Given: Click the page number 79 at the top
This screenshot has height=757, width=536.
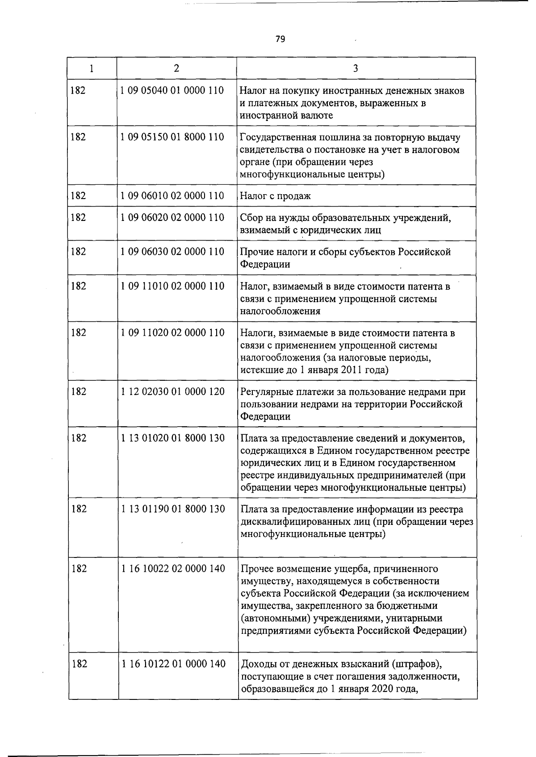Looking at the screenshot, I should (280, 39).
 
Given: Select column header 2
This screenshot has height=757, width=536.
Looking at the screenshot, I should (177, 68).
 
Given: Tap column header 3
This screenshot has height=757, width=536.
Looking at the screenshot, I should (356, 68).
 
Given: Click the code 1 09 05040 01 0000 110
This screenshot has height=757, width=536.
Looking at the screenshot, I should (172, 91).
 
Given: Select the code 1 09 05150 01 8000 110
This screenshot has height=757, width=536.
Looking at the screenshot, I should (172, 137).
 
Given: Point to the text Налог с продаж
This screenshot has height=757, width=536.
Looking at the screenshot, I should (275, 196).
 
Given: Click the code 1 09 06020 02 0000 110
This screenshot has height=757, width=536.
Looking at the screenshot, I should (172, 217).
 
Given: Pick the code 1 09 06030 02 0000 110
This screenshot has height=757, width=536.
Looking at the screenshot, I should (172, 252).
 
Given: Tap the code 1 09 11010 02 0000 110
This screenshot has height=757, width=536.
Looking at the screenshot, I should (172, 286).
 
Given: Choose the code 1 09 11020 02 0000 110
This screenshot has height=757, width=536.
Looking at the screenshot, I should (172, 333).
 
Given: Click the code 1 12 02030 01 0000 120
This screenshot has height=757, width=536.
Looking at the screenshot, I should (172, 391).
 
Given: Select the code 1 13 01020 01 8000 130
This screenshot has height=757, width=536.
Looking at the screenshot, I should (172, 438).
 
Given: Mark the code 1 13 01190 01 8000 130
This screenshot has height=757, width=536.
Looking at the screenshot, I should (172, 509).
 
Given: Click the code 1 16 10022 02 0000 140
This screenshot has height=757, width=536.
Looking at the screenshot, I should (172, 569).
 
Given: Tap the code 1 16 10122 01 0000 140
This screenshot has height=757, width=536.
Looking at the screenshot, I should (173, 664).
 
